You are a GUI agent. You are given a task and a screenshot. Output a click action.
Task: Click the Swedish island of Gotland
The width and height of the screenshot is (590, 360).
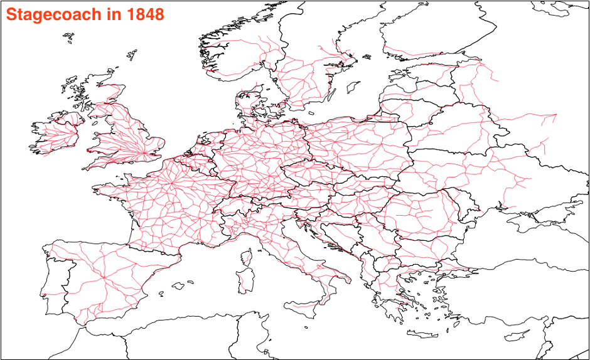coord(353,87)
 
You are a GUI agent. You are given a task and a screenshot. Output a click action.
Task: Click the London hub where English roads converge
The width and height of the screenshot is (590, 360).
coord(146,152)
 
